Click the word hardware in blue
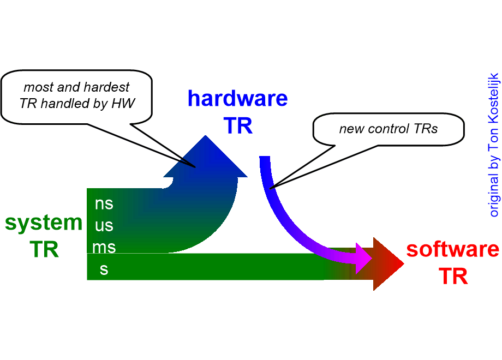[237, 99]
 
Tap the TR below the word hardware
[238, 126]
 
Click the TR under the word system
[44, 249]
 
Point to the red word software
[452, 249]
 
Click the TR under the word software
[453, 277]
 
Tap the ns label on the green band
[104, 203]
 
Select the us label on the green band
[104, 225]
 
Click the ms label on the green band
[104, 247]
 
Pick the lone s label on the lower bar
[104, 269]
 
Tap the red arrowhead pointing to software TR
[387, 264]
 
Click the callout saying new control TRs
[388, 129]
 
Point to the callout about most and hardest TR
[76, 95]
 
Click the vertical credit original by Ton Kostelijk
[494, 145]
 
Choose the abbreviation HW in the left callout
[124, 103]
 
